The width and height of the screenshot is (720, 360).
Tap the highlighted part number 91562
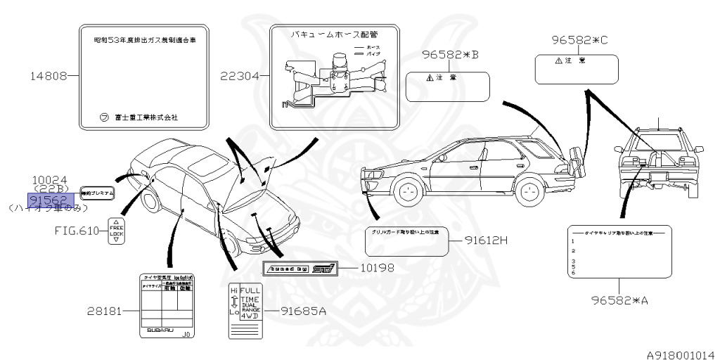(48, 199)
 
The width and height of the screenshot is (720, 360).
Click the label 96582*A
(619, 300)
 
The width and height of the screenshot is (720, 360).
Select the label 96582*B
(450, 55)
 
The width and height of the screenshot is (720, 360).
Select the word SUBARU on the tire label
(161, 330)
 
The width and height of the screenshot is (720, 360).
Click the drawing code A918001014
(681, 354)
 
